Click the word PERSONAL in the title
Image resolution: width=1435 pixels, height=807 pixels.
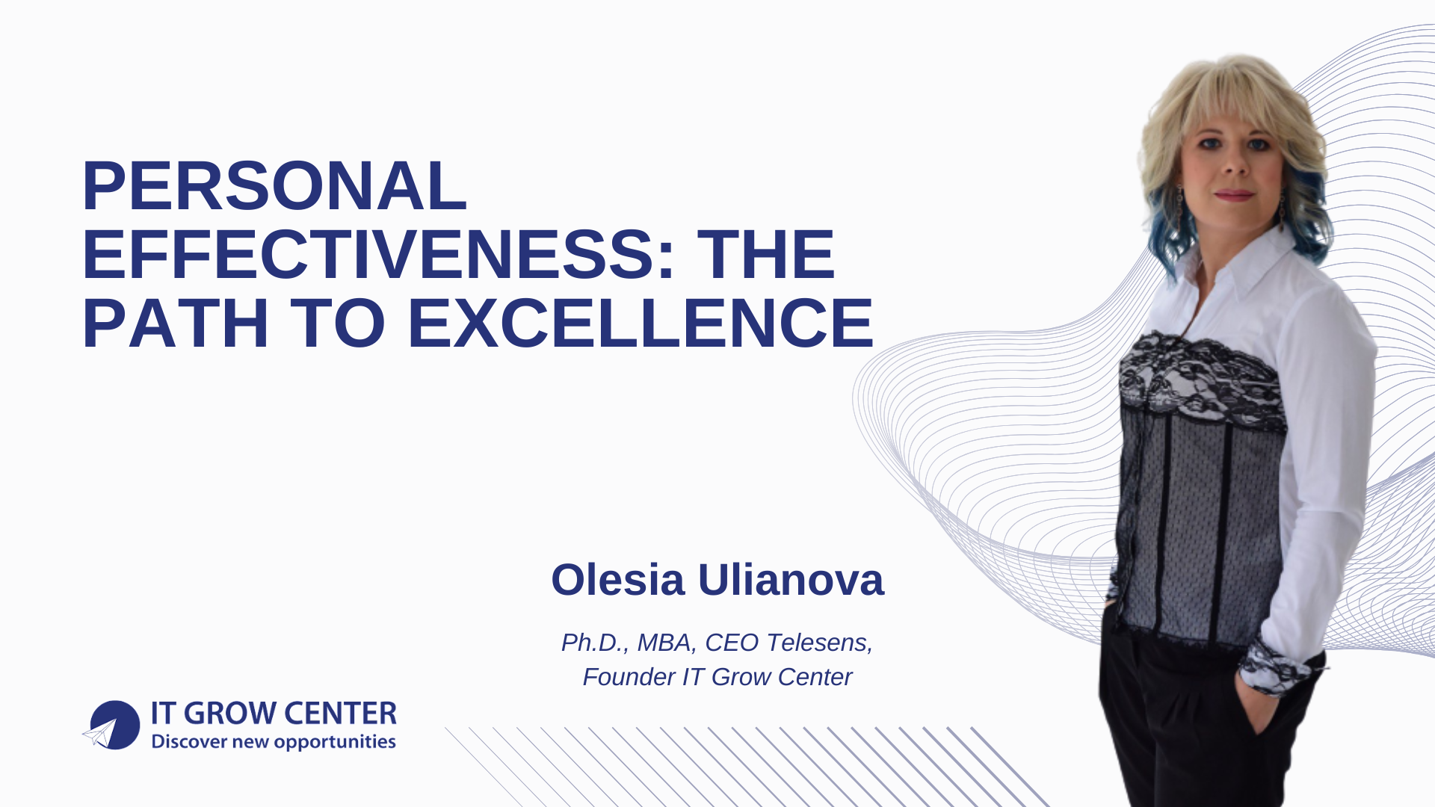tap(274, 186)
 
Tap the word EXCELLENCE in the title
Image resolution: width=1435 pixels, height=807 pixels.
tap(640, 324)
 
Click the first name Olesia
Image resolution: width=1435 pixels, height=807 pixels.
tap(617, 580)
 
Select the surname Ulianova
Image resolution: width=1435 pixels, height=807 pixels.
tap(791, 580)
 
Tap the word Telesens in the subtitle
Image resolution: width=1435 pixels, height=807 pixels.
tap(819, 642)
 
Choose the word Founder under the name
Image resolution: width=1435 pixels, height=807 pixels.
tap(629, 676)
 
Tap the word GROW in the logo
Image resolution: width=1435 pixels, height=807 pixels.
tap(229, 714)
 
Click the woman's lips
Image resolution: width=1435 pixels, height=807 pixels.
tap(1234, 195)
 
